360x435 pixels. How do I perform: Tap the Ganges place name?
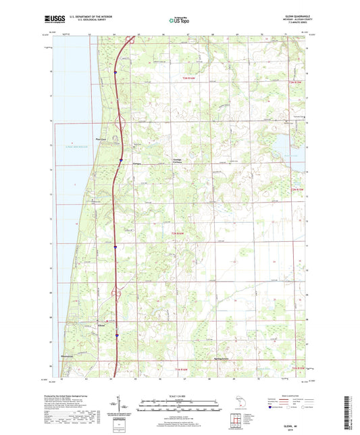pyautogui.click(x=136, y=163)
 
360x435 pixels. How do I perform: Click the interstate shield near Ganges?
pyautogui.click(x=120, y=160)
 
